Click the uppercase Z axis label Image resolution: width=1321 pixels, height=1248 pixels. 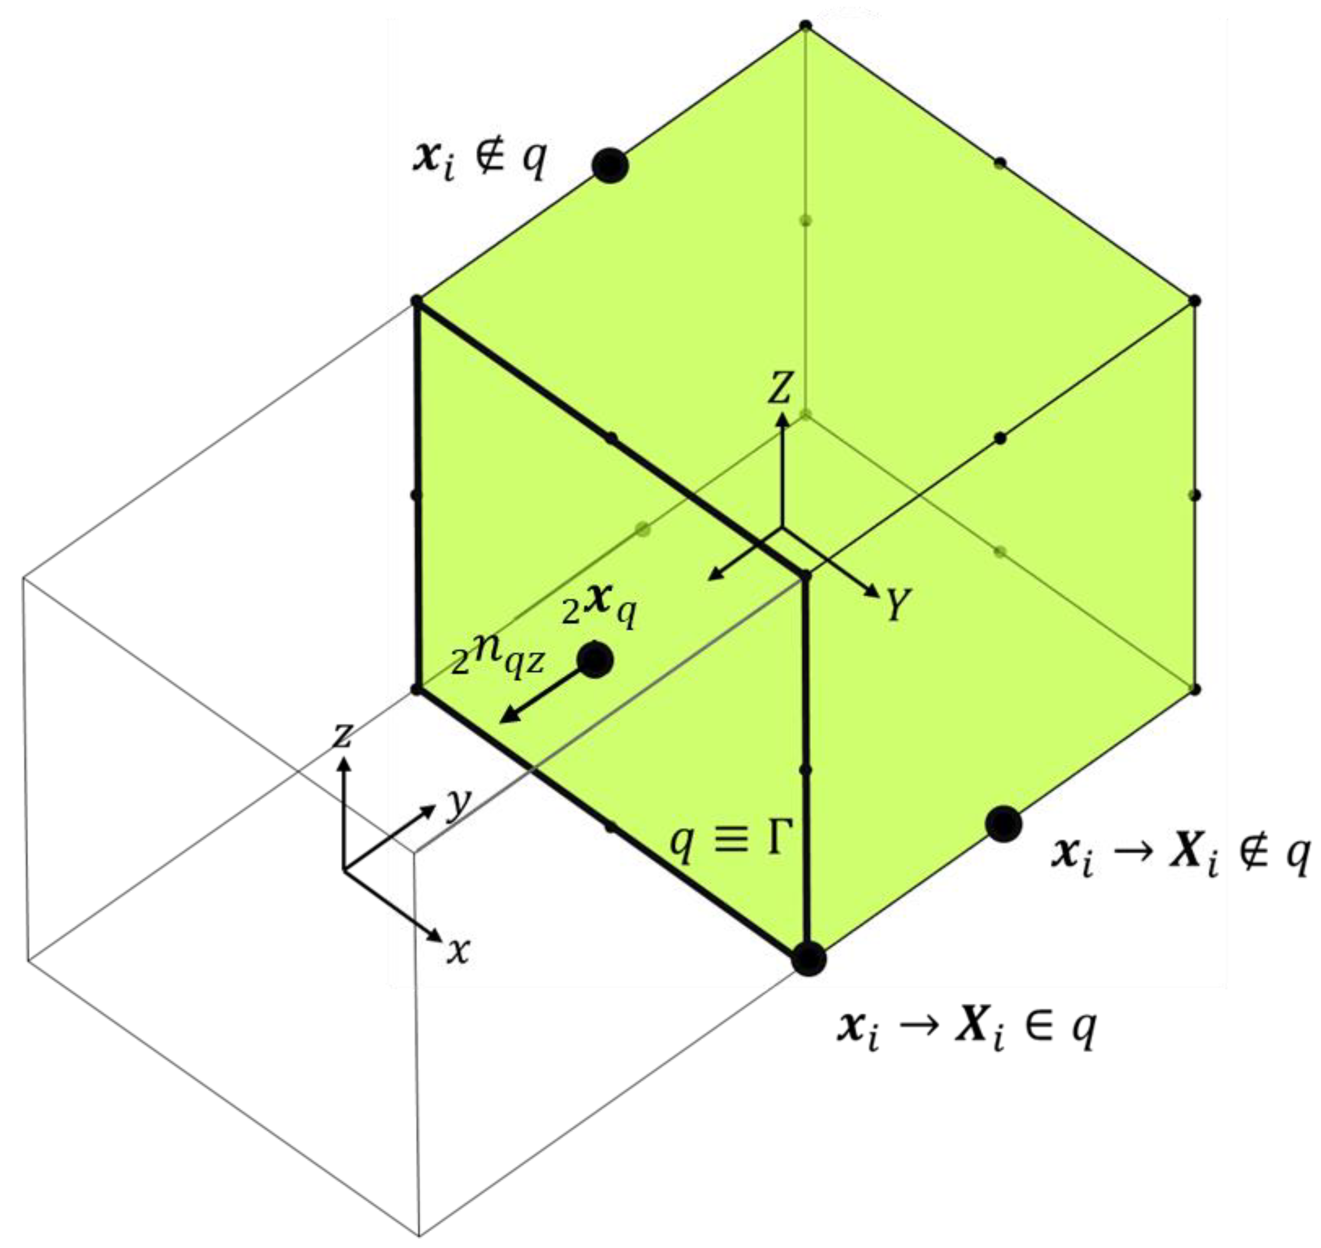pos(780,388)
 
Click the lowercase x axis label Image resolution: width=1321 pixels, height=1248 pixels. pos(458,952)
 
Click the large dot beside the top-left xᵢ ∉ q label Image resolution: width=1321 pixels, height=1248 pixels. pos(610,165)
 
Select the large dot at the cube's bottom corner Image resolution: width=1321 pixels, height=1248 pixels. pos(808,959)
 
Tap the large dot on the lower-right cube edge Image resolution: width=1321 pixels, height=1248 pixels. pos(1003,824)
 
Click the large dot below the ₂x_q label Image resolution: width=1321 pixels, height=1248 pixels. pos(595,660)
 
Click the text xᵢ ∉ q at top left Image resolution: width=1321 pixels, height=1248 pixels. pos(479,160)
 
